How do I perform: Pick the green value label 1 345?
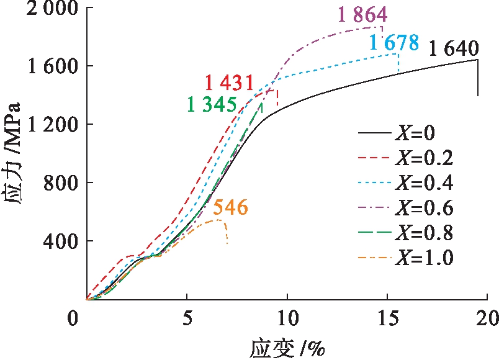click(212, 104)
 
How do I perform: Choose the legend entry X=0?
click(422, 133)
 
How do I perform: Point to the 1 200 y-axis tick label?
click(47, 124)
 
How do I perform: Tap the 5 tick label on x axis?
click(187, 317)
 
